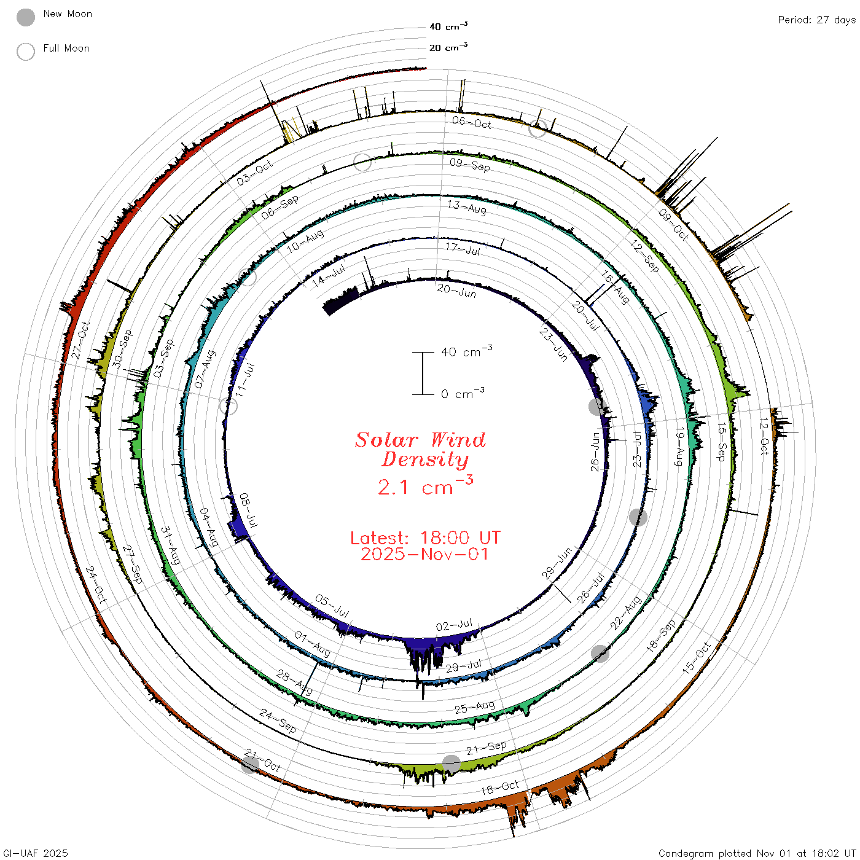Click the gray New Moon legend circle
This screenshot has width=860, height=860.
(25, 17)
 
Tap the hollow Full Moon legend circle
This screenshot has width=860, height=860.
(25, 52)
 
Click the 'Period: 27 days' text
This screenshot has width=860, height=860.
(817, 20)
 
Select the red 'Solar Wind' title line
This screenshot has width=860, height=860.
(420, 440)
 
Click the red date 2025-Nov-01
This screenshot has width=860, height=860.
(424, 554)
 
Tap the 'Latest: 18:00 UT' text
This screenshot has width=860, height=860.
(425, 537)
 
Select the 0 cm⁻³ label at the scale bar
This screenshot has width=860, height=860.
(463, 393)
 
